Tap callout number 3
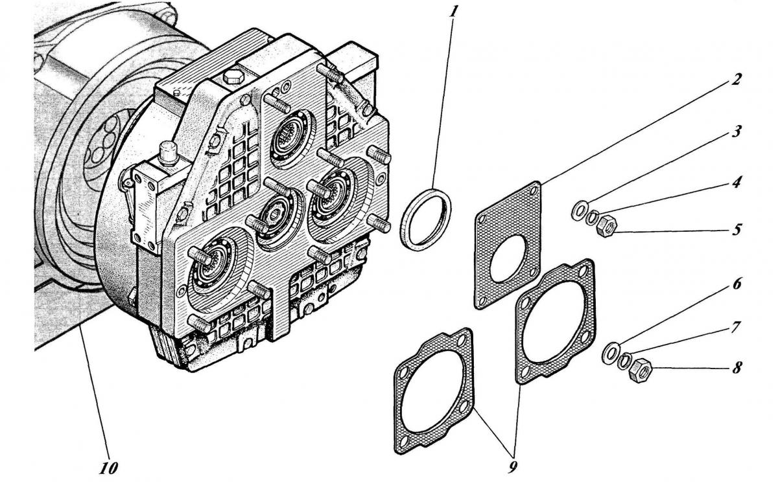tap(737, 130)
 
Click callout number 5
tap(737, 229)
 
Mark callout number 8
tap(737, 368)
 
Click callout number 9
tap(513, 467)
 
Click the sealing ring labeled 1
tap(425, 217)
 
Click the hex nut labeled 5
tap(607, 226)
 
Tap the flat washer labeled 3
tap(579, 210)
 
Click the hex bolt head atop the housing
tap(233, 78)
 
